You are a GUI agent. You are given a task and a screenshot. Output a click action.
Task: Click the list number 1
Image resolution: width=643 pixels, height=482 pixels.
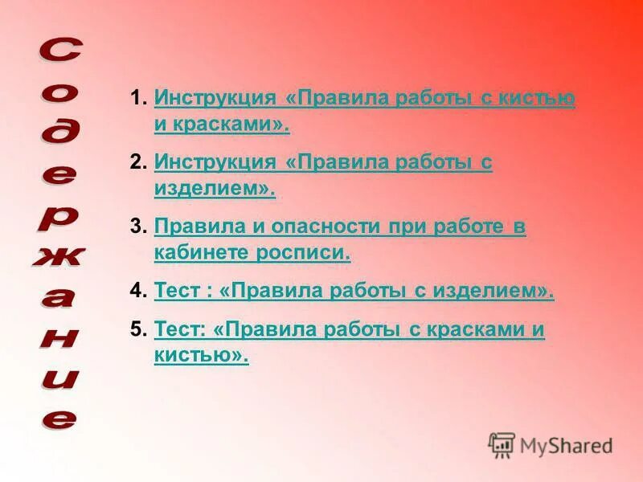(137, 99)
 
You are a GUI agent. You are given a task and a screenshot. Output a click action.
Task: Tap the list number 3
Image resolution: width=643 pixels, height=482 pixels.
(137, 227)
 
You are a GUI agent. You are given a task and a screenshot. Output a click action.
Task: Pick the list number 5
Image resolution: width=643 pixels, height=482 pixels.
(137, 329)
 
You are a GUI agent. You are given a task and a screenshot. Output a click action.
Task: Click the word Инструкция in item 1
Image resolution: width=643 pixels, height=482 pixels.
(215, 99)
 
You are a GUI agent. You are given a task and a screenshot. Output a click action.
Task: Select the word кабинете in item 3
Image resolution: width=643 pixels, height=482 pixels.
(202, 254)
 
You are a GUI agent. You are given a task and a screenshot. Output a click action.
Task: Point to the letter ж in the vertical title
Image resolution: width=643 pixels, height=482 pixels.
(58, 256)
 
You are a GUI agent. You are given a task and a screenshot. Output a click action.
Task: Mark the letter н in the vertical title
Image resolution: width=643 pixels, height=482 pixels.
(58, 337)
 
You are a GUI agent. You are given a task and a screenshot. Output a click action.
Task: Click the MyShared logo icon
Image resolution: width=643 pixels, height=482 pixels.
(502, 444)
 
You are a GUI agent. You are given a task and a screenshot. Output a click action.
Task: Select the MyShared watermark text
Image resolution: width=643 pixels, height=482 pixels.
(566, 445)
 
